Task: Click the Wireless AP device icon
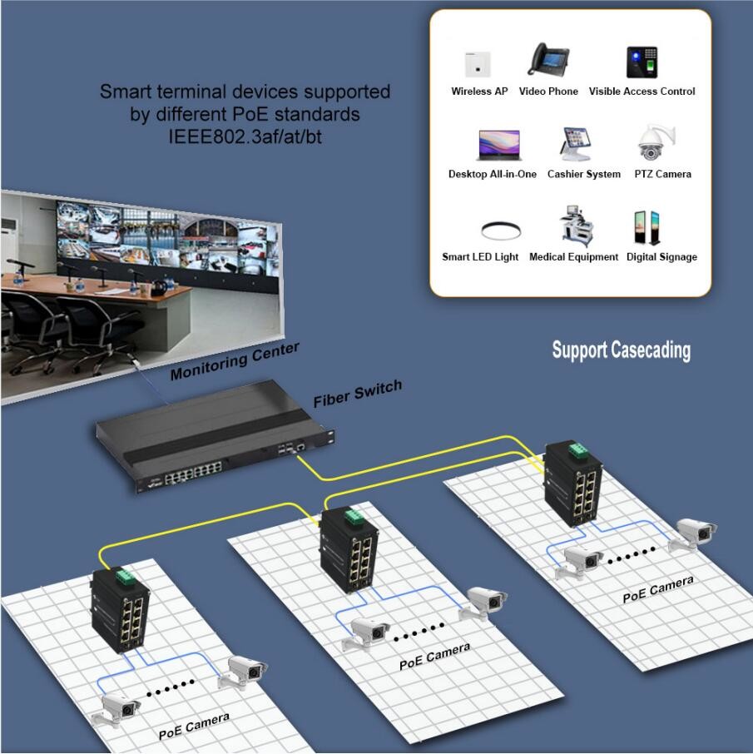[478, 63]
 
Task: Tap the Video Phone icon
[547, 59]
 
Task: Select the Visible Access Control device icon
[642, 62]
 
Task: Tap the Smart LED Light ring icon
[501, 231]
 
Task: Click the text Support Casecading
[621, 350]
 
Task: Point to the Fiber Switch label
[357, 393]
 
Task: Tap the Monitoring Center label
[234, 361]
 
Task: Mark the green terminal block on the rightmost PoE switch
[577, 452]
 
